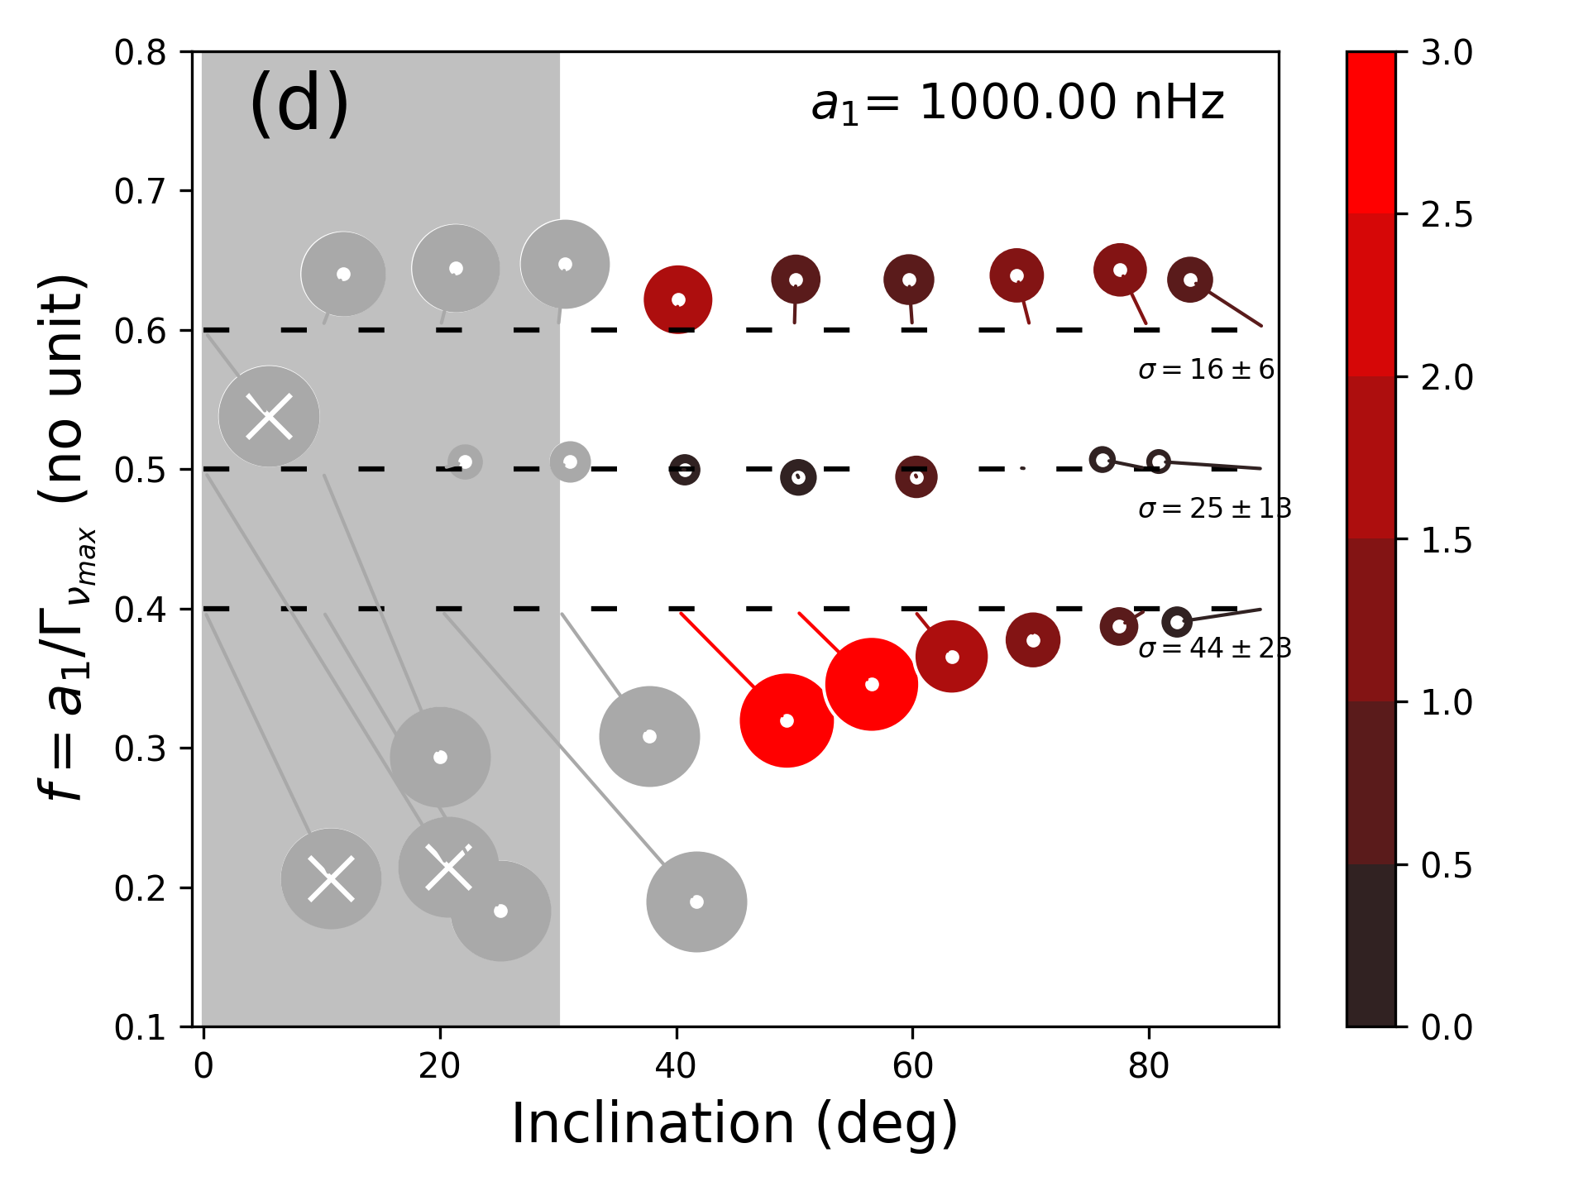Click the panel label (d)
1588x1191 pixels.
[x=299, y=103]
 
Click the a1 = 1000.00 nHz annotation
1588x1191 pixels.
[x=1017, y=103]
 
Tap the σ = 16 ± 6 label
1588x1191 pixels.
[x=1206, y=369]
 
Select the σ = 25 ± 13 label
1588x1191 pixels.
[x=1214, y=508]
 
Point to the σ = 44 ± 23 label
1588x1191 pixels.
[x=1214, y=648]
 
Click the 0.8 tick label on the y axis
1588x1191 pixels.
[x=140, y=52]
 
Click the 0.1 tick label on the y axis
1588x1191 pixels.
[x=140, y=1027]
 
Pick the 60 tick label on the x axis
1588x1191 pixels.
[x=912, y=1067]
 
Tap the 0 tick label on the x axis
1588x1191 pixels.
[x=203, y=1067]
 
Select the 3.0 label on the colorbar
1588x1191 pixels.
[x=1447, y=52]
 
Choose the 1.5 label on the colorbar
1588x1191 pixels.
[x=1447, y=540]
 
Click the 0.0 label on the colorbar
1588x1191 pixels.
[x=1447, y=1027]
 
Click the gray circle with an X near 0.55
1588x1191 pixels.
[x=269, y=416]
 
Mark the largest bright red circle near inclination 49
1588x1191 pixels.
[x=787, y=720]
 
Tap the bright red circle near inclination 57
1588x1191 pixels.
[x=872, y=684]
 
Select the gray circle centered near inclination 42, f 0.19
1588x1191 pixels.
[x=696, y=902]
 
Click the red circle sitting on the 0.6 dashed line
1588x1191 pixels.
[x=678, y=299]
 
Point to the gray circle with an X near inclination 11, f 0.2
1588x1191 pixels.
[x=331, y=878]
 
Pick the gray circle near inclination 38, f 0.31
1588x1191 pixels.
[x=649, y=736]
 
